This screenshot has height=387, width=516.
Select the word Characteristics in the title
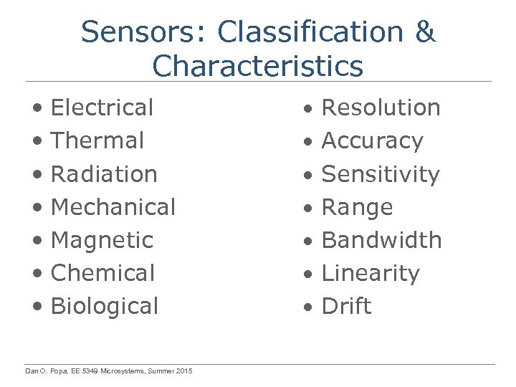(x=258, y=66)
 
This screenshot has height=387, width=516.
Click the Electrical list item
(x=102, y=108)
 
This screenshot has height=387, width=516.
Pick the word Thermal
(x=97, y=141)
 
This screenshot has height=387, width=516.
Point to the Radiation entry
(x=104, y=174)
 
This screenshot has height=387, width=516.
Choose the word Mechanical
(x=113, y=207)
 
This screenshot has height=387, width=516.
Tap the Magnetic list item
(x=102, y=240)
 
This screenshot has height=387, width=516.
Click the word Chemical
(x=103, y=273)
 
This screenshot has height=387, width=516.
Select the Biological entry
(x=105, y=306)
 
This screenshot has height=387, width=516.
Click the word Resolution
(x=381, y=108)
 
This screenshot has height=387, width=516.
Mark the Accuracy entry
(x=373, y=141)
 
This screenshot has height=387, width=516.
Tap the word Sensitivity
(x=381, y=174)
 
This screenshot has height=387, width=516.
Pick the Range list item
(x=358, y=207)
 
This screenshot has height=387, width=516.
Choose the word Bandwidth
(x=382, y=240)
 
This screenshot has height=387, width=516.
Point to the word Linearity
(x=371, y=273)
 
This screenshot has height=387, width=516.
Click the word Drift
(x=347, y=306)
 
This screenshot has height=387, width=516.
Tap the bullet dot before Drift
(x=307, y=307)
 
